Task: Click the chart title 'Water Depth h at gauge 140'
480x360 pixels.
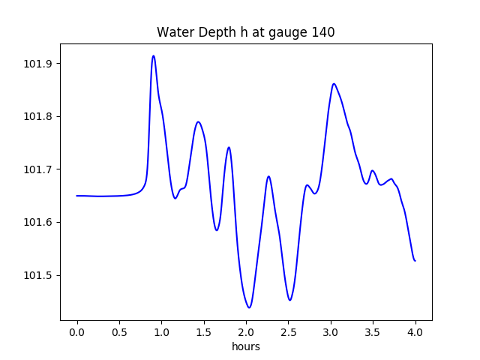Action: point(245,32)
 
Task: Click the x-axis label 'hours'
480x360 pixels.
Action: point(246,346)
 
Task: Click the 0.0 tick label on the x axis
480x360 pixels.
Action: point(77,331)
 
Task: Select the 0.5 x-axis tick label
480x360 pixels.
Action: point(119,331)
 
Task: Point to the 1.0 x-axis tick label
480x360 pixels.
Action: point(162,331)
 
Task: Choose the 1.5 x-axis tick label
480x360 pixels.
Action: point(204,331)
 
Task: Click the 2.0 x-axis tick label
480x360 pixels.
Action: point(246,331)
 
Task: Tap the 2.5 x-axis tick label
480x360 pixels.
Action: point(289,331)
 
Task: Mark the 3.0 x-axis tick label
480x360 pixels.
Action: point(331,331)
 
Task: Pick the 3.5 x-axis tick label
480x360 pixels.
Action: point(373,331)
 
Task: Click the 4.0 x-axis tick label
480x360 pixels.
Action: point(415,331)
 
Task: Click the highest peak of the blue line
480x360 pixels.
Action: point(154,55)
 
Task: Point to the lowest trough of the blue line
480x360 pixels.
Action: point(249,307)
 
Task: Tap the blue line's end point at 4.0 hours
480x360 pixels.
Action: point(415,260)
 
